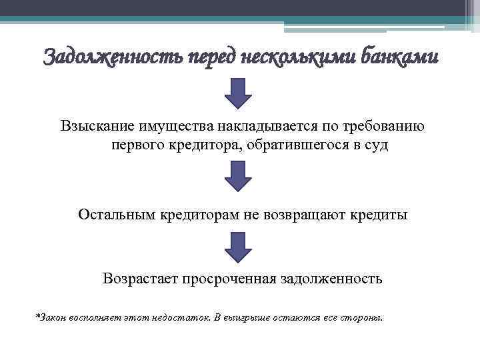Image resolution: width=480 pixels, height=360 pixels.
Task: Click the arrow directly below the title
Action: pos(238,93)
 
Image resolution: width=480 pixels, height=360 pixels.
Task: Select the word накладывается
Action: pos(255,126)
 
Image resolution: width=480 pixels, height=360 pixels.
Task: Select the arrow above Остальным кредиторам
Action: pos(238,177)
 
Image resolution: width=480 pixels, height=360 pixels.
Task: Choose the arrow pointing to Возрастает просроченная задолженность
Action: pos(238,247)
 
